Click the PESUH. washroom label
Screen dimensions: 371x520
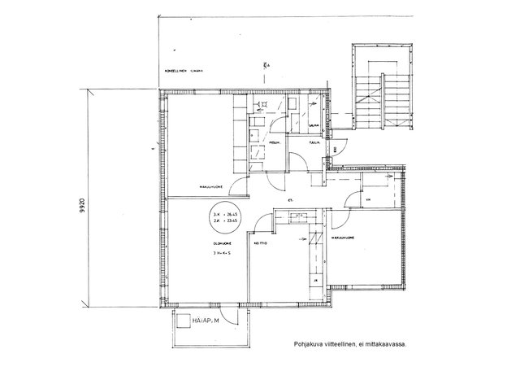tap(275, 141)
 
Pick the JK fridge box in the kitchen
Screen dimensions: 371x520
tap(314, 282)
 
